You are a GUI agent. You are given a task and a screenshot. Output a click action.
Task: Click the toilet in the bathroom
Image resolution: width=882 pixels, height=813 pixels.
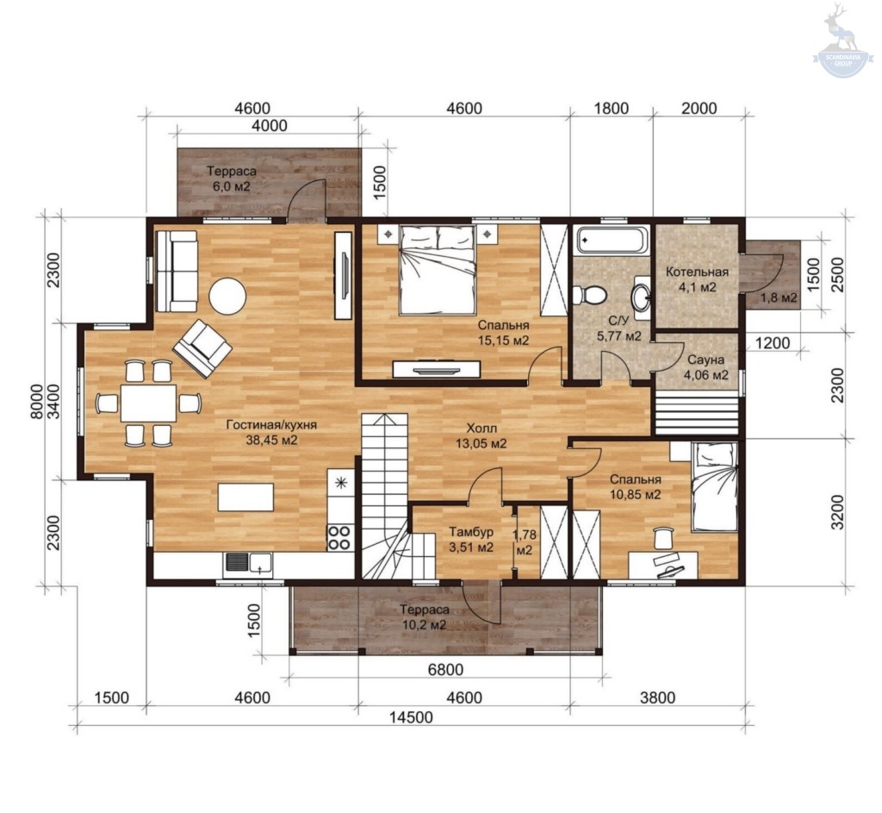click(x=589, y=295)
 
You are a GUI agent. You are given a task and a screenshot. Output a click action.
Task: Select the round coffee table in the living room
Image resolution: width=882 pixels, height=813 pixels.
click(x=227, y=297)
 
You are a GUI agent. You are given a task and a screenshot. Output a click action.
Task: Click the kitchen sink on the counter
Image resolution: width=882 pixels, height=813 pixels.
click(x=248, y=564)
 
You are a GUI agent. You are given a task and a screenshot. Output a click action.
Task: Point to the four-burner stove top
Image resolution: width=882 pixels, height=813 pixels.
click(x=339, y=537)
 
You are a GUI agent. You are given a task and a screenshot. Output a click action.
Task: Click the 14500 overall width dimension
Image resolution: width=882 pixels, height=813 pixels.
click(x=413, y=717)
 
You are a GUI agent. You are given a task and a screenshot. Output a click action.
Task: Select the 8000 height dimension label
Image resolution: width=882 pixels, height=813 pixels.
click(x=36, y=401)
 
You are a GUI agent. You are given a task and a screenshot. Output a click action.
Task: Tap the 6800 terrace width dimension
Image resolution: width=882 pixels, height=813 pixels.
click(x=445, y=669)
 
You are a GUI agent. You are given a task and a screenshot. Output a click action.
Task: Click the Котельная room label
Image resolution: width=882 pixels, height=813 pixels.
click(x=697, y=272)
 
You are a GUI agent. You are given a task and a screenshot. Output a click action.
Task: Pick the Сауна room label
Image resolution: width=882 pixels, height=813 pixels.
click(x=706, y=360)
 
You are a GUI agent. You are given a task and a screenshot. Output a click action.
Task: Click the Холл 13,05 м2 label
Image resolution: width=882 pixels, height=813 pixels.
click(x=481, y=436)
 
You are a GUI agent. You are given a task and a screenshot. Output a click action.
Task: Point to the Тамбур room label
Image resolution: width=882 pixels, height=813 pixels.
click(x=471, y=532)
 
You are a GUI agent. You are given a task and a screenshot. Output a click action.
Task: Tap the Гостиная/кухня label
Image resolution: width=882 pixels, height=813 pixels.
click(x=271, y=425)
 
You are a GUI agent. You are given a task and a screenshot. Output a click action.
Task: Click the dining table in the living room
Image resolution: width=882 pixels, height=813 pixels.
click(x=148, y=403)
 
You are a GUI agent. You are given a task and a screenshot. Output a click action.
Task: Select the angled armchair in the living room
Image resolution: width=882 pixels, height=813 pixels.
click(x=202, y=348)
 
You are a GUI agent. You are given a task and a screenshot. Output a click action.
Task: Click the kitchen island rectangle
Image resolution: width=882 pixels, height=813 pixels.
click(x=245, y=497)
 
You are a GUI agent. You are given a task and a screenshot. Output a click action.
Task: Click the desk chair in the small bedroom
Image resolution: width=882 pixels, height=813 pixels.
click(x=664, y=538)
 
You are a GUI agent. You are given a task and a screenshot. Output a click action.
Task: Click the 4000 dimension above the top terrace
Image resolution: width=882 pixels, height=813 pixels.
click(x=270, y=126)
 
